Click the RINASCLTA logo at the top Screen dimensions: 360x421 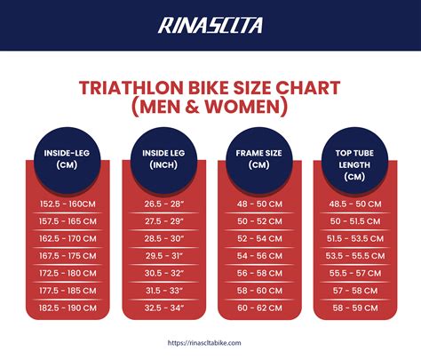coord(210,25)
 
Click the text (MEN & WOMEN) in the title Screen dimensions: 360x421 coord(210,108)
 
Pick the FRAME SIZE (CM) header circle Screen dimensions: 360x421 coord(258,158)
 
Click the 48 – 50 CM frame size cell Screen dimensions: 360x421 coord(258,204)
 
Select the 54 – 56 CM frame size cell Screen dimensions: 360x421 coord(258,255)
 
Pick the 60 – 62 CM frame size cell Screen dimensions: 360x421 coord(258,307)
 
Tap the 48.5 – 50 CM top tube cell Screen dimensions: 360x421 coord(354,204)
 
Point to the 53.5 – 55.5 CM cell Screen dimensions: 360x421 coord(354,255)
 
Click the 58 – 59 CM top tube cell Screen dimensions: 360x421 coord(354,307)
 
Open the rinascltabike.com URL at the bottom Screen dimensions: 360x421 coord(210,340)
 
